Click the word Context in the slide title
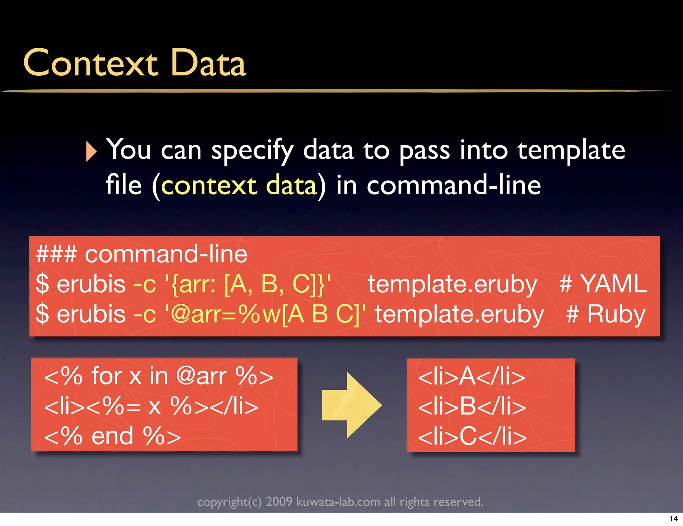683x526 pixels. point(90,63)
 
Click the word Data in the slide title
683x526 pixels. point(208,63)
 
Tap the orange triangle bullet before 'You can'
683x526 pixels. point(91,151)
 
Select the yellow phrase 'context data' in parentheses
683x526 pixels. point(239,186)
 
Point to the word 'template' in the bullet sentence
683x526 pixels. point(571,150)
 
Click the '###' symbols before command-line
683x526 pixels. point(56,254)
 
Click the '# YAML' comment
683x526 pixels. point(603,284)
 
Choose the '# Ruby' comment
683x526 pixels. point(606,314)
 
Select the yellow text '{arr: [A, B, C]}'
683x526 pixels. point(248,284)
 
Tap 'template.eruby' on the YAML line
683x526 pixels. point(452,284)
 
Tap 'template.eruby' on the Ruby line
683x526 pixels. point(459,314)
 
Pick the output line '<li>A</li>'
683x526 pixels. point(472,376)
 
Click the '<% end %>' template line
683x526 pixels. point(112,436)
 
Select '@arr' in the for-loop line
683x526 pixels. point(201,376)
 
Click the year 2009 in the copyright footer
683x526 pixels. point(279,502)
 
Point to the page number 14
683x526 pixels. point(673,519)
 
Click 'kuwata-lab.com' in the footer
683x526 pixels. point(338,502)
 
